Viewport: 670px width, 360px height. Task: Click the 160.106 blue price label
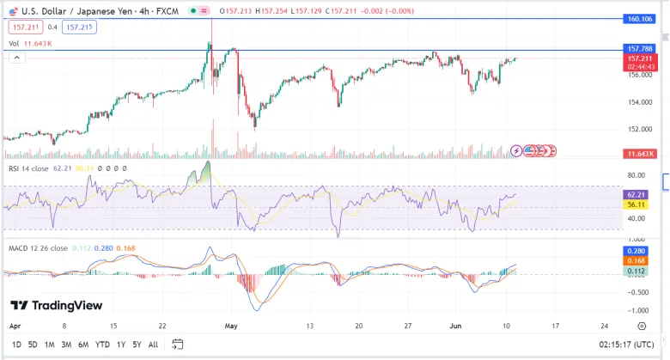coord(639,19)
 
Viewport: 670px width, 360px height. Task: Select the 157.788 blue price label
coord(640,49)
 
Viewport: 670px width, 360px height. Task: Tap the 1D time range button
coord(16,345)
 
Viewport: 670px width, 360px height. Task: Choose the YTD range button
coord(102,345)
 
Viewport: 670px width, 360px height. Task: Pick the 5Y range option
coord(137,345)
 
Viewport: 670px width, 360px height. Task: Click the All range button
coord(153,345)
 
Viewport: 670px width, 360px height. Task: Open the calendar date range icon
coord(177,344)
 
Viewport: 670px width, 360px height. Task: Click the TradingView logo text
coord(57,305)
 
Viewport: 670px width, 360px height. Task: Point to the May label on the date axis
coord(231,326)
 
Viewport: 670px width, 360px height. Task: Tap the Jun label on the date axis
coord(455,326)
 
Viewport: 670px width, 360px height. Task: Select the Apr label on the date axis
coord(15,326)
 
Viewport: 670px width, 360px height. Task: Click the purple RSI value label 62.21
coord(636,194)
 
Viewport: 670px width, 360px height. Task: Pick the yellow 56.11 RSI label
coord(636,204)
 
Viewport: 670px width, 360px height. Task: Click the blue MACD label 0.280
coord(636,251)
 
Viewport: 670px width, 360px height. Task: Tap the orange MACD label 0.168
coord(636,261)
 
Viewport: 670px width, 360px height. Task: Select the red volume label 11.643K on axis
coord(640,154)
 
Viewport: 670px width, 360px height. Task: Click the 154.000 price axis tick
coord(640,102)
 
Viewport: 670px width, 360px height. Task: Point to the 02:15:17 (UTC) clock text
coord(626,345)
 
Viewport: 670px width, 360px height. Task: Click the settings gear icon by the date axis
coord(642,326)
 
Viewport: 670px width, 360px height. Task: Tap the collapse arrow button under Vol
coord(16,58)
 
